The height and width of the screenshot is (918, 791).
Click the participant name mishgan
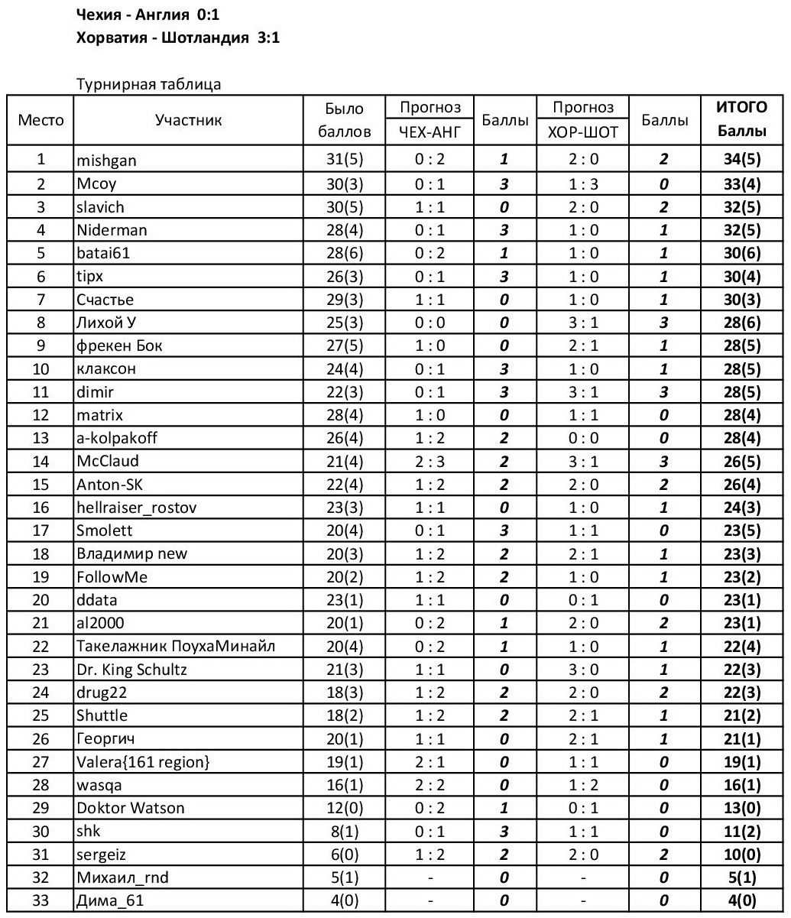[x=104, y=161]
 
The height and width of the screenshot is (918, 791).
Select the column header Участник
[x=188, y=119]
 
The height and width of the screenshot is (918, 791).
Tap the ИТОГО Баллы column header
[x=741, y=119]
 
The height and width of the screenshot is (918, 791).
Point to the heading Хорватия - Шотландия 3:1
[x=179, y=37]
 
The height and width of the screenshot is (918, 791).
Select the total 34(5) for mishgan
[x=741, y=161]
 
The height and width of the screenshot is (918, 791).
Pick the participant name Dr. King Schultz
[x=132, y=670]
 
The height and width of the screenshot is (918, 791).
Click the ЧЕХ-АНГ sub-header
[x=430, y=131]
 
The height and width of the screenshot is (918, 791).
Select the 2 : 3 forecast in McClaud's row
[x=430, y=461]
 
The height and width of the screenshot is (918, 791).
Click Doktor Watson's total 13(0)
[x=741, y=808]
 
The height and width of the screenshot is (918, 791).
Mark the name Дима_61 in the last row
[x=110, y=902]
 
